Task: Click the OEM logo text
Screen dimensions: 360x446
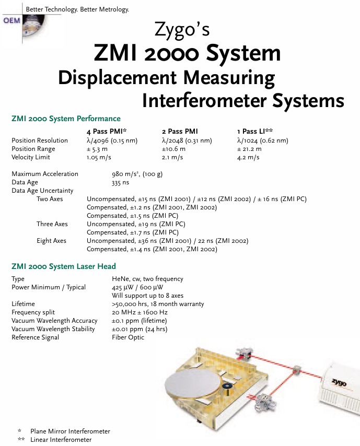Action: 11,20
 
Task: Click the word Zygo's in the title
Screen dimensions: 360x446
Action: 182,30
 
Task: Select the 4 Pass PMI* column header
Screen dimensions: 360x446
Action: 107,132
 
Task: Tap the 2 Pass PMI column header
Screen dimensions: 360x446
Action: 180,132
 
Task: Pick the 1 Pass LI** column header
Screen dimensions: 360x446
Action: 255,132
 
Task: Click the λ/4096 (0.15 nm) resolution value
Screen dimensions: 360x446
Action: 112,140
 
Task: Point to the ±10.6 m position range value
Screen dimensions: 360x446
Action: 173,149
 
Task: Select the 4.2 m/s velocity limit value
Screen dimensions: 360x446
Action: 248,157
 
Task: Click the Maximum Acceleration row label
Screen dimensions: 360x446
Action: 45,174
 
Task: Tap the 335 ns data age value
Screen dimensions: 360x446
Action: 120,182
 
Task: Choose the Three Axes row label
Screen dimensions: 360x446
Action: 52,224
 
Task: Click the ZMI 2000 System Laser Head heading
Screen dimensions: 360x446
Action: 64,266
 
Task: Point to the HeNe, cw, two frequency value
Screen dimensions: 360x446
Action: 147,279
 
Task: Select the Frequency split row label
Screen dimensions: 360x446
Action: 33,312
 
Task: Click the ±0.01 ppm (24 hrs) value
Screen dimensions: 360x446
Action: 140,329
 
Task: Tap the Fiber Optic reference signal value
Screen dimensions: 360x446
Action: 128,337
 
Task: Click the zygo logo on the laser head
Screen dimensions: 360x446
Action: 339,383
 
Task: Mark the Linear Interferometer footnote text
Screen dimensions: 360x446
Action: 61,440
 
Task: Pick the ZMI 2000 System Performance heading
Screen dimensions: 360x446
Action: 66,119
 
